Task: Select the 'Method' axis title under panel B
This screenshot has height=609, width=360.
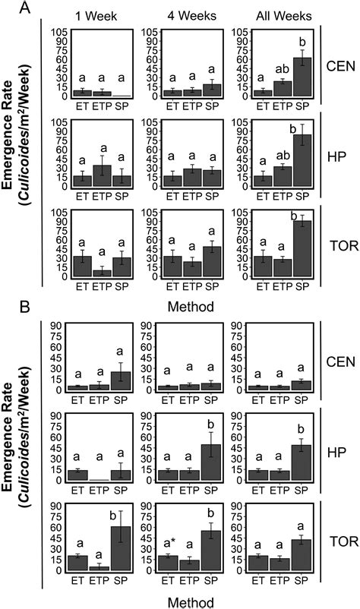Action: [x=186, y=601]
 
